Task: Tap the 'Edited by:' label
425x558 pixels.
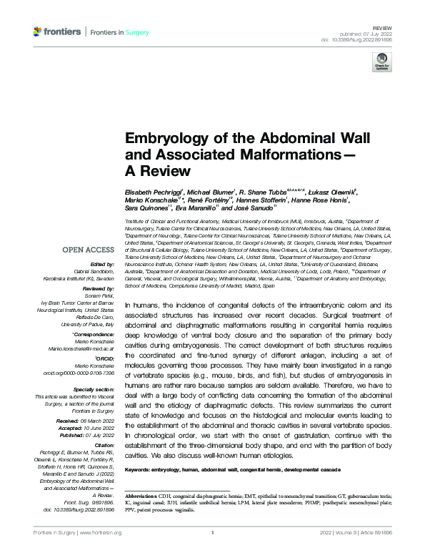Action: tap(105, 264)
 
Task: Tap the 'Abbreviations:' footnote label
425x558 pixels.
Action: tap(145, 495)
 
